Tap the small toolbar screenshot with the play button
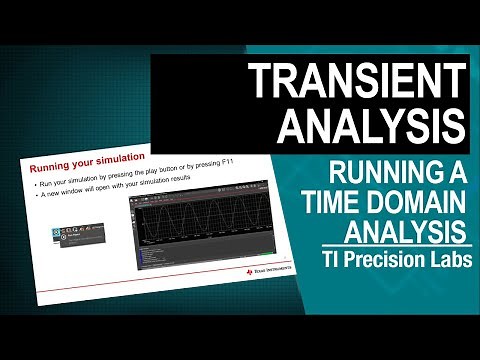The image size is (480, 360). (77, 236)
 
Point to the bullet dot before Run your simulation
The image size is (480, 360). (36, 185)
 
